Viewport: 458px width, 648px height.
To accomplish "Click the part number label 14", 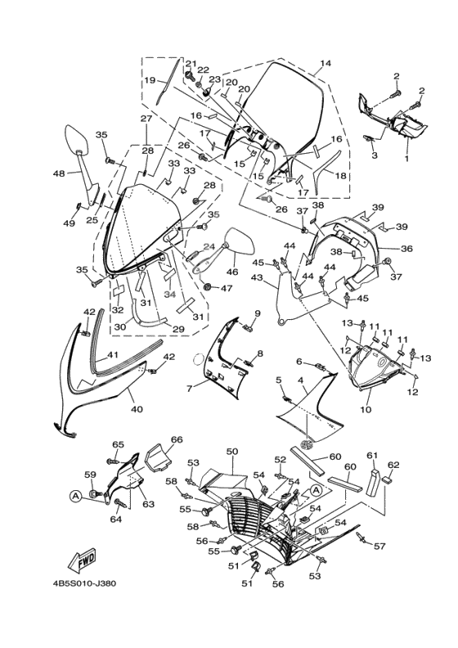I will coord(326,64).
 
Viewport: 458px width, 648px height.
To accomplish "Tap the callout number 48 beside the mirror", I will coord(59,173).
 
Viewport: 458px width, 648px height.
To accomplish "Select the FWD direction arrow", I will coord(83,561).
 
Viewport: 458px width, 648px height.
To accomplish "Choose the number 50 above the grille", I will coord(231,452).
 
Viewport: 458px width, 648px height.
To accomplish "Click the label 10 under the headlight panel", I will coord(365,409).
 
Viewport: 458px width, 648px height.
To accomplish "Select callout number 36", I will coord(406,250).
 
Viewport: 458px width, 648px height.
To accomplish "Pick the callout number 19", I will coord(150,81).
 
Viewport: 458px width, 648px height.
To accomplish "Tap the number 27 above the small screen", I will coord(146,119).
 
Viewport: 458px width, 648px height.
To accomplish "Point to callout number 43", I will coord(257,278).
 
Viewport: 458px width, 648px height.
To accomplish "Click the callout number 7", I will coord(191,388).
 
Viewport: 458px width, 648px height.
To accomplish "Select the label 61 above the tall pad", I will coord(372,455).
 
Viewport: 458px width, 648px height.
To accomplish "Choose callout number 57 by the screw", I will coord(379,546).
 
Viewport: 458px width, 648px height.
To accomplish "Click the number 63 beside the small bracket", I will coord(148,504).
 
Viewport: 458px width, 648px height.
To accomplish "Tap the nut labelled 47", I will coord(208,287).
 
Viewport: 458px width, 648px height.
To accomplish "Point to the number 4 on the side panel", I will coord(300,380).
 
